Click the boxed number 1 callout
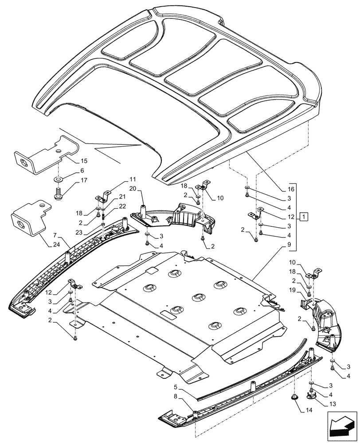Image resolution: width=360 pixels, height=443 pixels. coord(304,217)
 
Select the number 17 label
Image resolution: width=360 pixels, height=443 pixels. coord(84,180)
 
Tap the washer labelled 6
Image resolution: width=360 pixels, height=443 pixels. coord(58,179)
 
